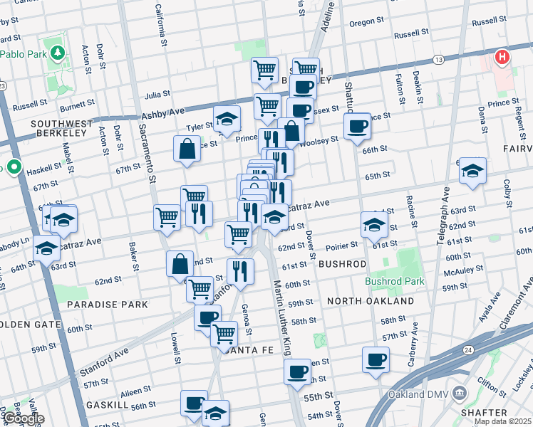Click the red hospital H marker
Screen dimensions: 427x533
tap(502, 57)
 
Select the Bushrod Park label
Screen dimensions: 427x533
tap(395, 281)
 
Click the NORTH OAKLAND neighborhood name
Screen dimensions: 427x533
tap(370, 301)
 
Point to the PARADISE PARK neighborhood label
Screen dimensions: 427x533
tap(107, 304)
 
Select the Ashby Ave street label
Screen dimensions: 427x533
tap(162, 114)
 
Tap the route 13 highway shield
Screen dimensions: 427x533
tap(438, 59)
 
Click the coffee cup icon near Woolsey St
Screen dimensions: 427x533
tap(357, 126)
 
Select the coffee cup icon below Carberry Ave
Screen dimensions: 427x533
tap(376, 359)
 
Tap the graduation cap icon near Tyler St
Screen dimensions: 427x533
tap(227, 118)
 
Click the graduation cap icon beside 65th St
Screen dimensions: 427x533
tap(472, 170)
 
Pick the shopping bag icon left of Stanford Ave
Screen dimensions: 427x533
tap(180, 263)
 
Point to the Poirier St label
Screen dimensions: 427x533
tap(343, 246)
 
